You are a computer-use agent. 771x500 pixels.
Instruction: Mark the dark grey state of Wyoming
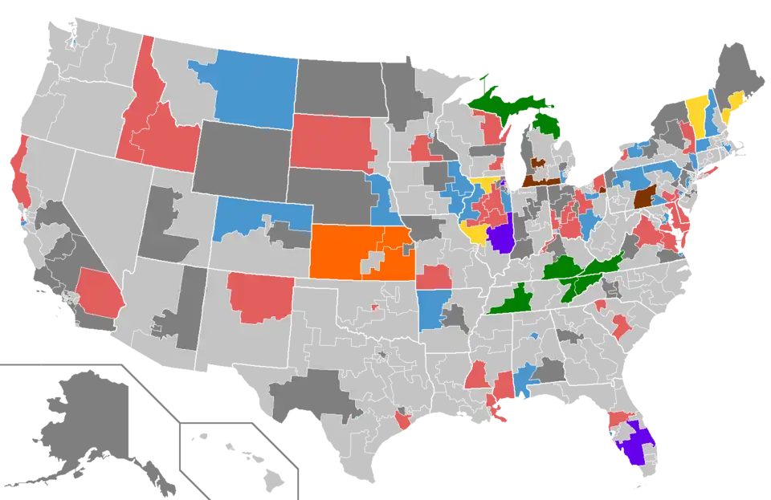tap(241, 157)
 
